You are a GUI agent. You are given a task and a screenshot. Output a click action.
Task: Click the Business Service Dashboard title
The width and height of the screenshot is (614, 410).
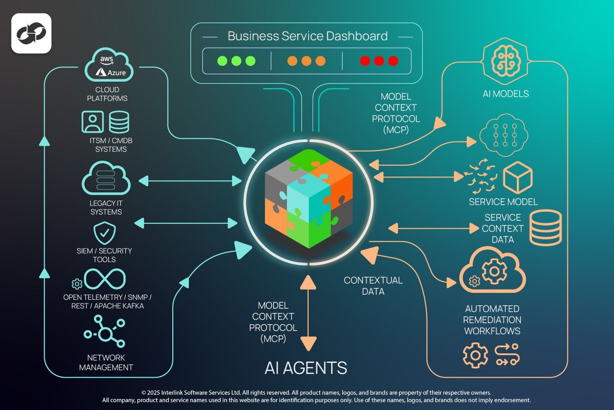click(x=307, y=36)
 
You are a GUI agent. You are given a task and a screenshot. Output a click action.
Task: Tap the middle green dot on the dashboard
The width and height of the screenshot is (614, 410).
click(x=236, y=61)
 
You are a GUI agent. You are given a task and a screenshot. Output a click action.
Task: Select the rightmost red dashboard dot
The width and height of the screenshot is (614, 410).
click(x=393, y=61)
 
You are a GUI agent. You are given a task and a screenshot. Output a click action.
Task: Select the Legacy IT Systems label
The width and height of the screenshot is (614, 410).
click(x=106, y=208)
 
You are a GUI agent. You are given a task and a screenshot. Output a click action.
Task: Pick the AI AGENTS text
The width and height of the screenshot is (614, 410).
click(x=306, y=368)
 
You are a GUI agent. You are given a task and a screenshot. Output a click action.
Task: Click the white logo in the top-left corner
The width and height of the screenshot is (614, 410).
click(x=31, y=33)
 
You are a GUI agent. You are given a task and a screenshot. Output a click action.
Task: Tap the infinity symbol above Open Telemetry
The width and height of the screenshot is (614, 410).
click(x=105, y=279)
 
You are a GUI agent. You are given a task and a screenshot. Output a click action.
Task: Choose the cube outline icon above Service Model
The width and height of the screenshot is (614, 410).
click(x=518, y=178)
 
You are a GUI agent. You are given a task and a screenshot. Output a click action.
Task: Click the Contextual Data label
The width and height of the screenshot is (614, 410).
click(x=373, y=285)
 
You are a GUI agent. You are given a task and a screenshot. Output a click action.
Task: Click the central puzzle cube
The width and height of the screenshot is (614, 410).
click(x=308, y=199)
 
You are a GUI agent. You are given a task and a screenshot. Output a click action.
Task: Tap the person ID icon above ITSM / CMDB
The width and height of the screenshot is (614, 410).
click(x=93, y=122)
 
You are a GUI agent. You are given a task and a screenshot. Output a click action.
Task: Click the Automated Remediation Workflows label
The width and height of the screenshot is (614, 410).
click(x=492, y=320)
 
